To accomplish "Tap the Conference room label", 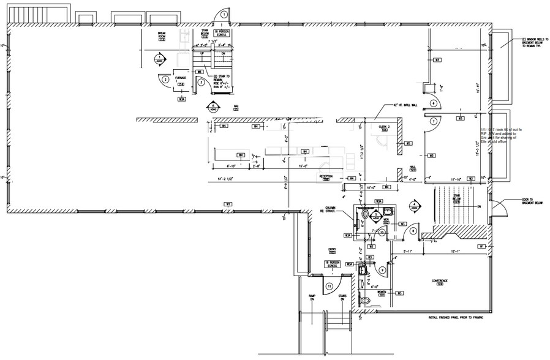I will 440,282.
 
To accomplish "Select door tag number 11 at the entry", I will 330,285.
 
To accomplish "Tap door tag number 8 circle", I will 413,231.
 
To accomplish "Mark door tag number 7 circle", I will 432,121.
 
